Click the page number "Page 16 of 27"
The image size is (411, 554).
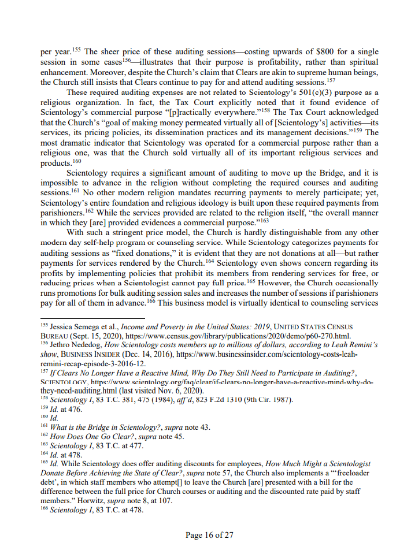tap(209, 535)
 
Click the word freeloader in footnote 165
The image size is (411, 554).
tap(350, 473)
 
